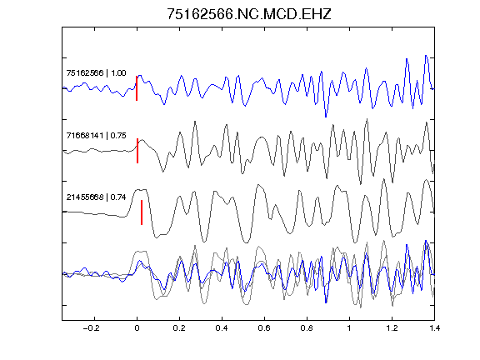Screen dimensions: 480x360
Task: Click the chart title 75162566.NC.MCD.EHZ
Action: tap(249, 14)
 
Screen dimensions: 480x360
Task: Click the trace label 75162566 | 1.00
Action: tap(96, 72)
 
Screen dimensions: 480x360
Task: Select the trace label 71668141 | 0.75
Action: tap(96, 135)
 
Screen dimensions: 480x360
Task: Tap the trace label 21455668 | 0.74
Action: tap(96, 197)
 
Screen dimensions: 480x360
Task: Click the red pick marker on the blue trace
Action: tap(137, 88)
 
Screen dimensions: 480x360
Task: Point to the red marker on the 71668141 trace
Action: tap(137, 151)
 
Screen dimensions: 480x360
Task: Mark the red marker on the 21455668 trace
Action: tap(142, 212)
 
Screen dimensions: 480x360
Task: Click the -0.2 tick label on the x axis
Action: tap(92, 328)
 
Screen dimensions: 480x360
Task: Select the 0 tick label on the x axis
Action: tap(137, 328)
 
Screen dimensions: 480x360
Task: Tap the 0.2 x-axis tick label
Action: tap(179, 328)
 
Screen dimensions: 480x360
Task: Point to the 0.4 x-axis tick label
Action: tap(222, 328)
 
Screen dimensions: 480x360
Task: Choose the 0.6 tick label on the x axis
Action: tap(264, 328)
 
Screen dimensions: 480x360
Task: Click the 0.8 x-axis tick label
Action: tap(307, 328)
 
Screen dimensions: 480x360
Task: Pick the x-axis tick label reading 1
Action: tap(349, 328)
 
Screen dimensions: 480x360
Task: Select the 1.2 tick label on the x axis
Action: tap(392, 328)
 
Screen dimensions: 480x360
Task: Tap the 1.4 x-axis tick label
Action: tap(434, 328)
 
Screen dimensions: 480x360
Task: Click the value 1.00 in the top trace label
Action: tap(118, 72)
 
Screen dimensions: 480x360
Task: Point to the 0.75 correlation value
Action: tap(118, 135)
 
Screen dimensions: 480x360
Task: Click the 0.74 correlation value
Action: tap(118, 197)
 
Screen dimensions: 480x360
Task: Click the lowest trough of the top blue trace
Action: tap(326, 117)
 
